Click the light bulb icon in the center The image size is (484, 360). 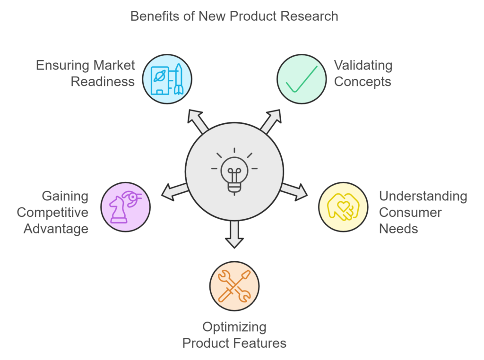pyautogui.click(x=234, y=171)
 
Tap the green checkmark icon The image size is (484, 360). pyautogui.click(x=301, y=79)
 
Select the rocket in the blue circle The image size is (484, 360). pyautogui.click(x=179, y=79)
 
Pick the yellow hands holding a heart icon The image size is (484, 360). pyautogui.click(x=343, y=206)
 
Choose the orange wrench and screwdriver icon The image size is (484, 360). pyautogui.click(x=234, y=286)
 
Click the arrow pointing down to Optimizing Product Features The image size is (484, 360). pyautogui.click(x=234, y=234)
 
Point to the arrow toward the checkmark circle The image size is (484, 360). pyautogui.click(x=271, y=121)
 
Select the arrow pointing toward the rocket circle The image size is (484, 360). pyautogui.click(x=198, y=121)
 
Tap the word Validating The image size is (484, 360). pyautogui.click(x=363, y=65)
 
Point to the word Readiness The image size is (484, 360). pyautogui.click(x=103, y=82)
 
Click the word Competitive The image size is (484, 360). pyautogui.click(x=52, y=213)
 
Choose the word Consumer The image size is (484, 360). pyautogui.click(x=410, y=213)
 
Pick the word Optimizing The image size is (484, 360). pyautogui.click(x=234, y=327)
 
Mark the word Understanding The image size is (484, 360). pyautogui.click(x=423, y=196)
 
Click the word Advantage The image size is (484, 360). pyautogui.click(x=56, y=229)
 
